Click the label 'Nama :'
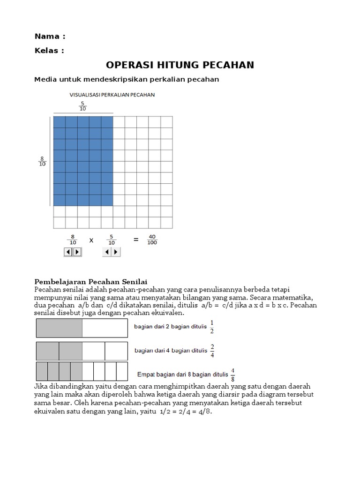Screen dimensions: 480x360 50,36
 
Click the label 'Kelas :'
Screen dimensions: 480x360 49,51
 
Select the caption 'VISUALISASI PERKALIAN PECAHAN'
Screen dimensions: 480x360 112,95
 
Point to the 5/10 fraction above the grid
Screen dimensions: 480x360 83,106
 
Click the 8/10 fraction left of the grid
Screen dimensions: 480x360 42,161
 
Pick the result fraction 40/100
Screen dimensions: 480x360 152,240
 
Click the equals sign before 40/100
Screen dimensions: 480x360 136,240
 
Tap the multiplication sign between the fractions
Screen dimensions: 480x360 91,240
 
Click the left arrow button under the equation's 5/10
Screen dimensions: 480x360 107,252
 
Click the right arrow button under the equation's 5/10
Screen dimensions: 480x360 116,252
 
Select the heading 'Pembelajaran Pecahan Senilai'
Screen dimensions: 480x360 91,282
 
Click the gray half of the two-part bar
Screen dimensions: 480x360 60,328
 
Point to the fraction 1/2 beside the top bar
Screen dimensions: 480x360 212,327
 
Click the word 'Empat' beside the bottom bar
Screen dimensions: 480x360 146,375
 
